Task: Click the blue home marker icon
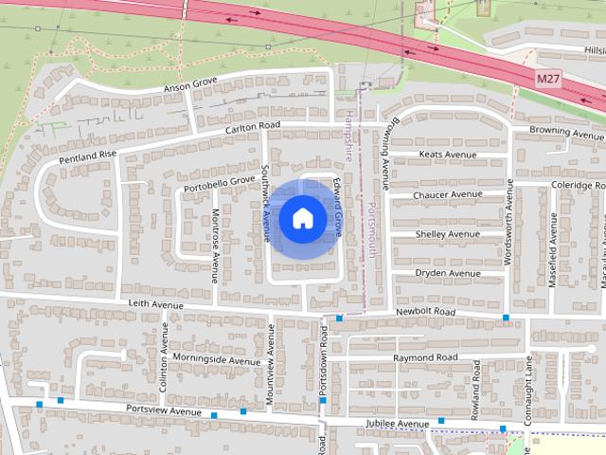coord(302,219)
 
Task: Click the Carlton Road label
coord(253,126)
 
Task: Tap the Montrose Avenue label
coord(215,246)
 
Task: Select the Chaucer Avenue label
coord(448,195)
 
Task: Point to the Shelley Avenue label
coord(448,234)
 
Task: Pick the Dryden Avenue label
coord(448,274)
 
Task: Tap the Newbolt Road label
coord(426,312)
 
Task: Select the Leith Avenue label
coord(155,305)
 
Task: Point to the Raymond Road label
coord(425,357)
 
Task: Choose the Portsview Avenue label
coord(164,410)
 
